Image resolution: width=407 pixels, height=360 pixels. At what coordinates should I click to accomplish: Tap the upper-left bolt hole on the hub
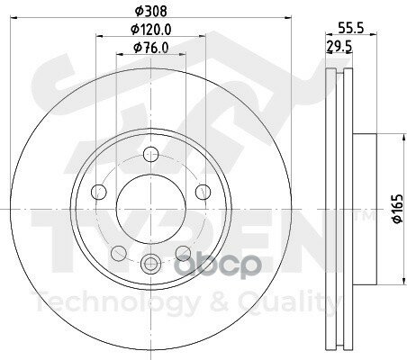(x=99, y=191)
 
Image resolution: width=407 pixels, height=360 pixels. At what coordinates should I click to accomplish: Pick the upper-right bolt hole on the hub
(x=199, y=191)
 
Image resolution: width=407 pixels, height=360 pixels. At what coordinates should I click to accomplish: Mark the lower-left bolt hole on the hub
(x=118, y=252)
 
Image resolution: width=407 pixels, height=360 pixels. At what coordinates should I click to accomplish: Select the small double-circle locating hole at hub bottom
(x=149, y=263)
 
